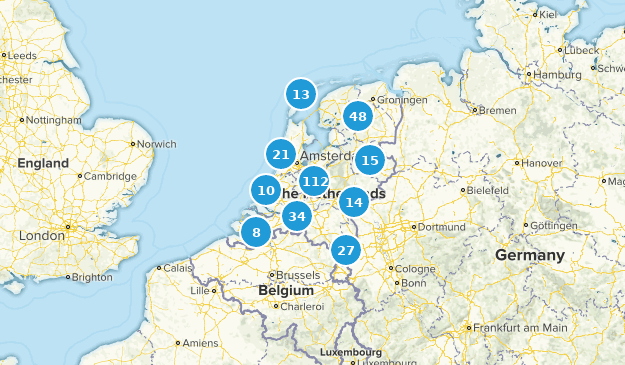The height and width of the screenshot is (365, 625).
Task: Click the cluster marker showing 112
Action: (314, 181)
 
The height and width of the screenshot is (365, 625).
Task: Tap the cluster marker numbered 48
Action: (357, 117)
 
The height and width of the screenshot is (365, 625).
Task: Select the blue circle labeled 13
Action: (301, 95)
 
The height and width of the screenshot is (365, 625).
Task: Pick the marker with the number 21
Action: (281, 154)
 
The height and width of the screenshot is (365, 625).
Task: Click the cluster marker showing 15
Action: (370, 160)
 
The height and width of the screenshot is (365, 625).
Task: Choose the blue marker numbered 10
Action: (265, 190)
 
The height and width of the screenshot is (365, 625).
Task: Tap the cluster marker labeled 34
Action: (295, 216)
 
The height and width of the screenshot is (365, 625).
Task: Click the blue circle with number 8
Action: (256, 233)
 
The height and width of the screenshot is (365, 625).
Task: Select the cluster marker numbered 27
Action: (346, 250)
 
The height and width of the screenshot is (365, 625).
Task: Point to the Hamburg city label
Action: (557, 75)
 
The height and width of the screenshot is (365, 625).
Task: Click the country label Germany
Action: (529, 256)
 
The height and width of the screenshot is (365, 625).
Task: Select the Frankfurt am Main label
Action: (520, 327)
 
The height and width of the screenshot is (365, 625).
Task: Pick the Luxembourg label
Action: (351, 352)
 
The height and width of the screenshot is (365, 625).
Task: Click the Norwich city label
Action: (156, 144)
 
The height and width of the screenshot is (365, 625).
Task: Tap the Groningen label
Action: (404, 101)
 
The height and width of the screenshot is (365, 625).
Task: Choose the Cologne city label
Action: (415, 268)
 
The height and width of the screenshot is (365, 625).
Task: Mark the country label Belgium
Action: (285, 290)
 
